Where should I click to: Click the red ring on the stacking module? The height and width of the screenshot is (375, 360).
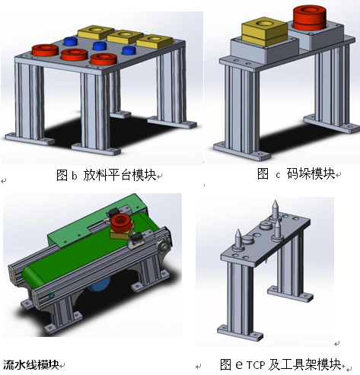click(310, 17)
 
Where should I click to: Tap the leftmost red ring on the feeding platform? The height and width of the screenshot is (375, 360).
click(45, 50)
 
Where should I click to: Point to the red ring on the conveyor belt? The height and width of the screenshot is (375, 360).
click(121, 223)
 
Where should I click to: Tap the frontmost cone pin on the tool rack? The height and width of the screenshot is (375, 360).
click(238, 239)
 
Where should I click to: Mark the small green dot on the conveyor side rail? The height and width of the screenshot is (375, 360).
click(52, 296)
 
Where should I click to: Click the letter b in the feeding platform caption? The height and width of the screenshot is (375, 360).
click(74, 176)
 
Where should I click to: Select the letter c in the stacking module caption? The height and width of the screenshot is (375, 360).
click(279, 175)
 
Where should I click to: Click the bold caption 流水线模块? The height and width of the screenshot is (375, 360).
click(31, 365)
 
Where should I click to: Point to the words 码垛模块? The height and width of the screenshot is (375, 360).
click(311, 173)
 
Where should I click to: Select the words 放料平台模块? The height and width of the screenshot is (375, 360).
click(119, 175)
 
